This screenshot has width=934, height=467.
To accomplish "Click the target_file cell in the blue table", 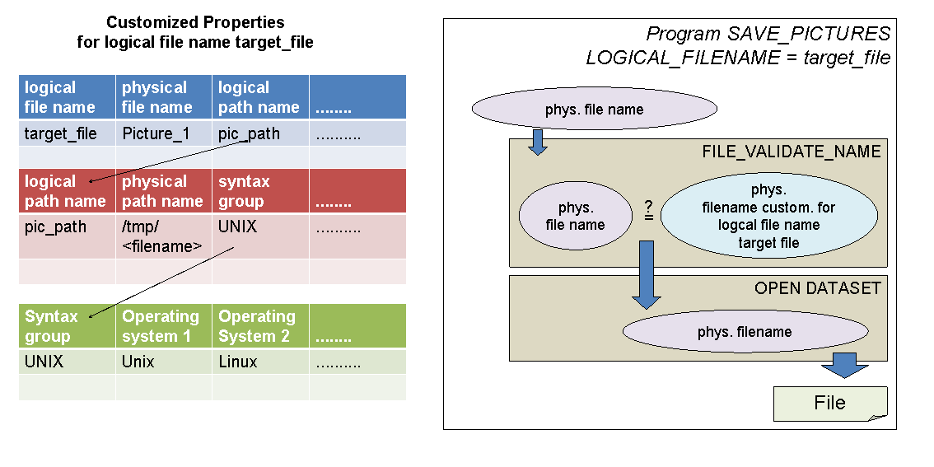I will point(60,133).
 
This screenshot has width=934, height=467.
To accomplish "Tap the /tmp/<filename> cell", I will point(162,236).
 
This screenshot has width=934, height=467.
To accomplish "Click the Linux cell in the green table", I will point(238,362).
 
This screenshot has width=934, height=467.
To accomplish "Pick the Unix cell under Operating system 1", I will point(138,362).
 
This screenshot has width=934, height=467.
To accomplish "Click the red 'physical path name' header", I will point(162,191).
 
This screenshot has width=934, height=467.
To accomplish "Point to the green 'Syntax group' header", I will point(52,326).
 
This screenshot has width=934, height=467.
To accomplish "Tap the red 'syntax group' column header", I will point(245,191).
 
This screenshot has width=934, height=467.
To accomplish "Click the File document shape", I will point(829,403).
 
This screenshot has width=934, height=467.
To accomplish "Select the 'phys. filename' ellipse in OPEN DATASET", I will point(745,332).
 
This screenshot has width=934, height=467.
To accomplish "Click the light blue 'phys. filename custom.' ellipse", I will point(768,216).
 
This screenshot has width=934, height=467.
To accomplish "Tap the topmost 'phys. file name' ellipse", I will point(594,109).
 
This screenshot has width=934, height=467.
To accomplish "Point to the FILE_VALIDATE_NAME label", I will point(791,152).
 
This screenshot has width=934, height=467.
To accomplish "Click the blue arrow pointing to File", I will point(845,364).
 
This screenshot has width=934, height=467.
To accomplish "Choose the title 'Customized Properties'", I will point(195,22).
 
